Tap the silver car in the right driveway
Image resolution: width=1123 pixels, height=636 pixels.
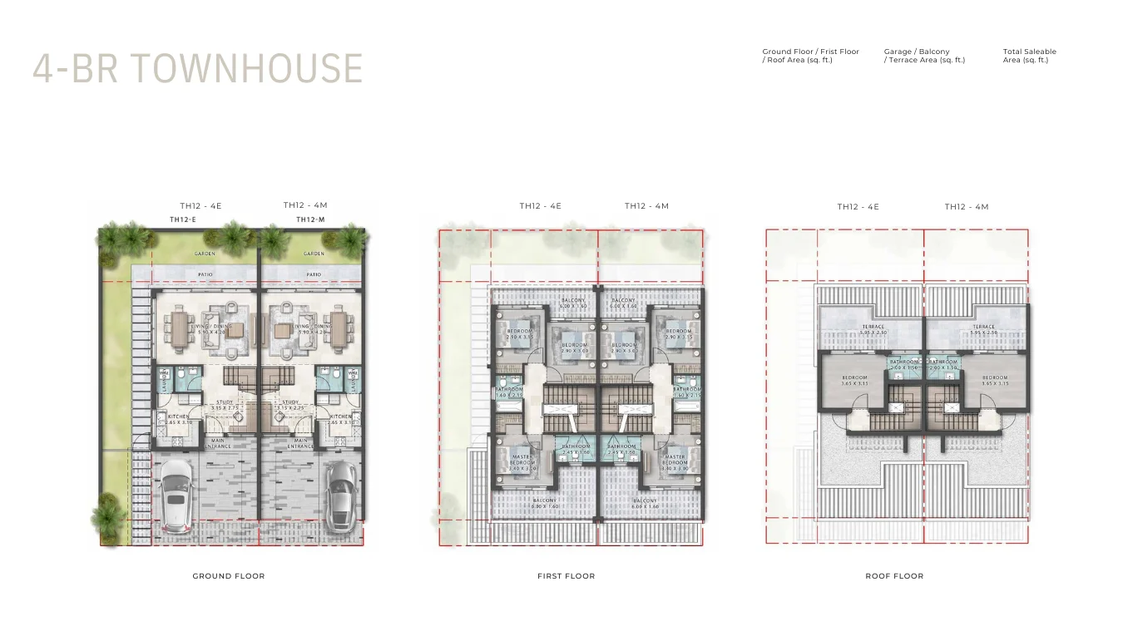341,496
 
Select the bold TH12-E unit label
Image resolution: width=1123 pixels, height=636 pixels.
182,219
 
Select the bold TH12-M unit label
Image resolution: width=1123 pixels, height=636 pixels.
309,219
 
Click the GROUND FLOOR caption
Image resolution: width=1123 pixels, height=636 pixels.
229,576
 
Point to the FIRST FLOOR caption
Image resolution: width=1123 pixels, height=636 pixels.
566,576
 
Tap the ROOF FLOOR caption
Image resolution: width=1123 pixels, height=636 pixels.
894,576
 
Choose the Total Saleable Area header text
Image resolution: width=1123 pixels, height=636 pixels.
1029,56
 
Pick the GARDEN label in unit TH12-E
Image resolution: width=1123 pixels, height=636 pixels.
205,254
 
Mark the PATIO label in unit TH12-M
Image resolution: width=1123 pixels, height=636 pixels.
314,274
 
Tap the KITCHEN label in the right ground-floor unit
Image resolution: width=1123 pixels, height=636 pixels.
341,417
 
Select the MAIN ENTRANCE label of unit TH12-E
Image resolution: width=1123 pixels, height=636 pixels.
218,443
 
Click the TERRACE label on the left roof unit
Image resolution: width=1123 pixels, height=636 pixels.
873,327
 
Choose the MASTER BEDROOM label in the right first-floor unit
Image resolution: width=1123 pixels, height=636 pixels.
675,459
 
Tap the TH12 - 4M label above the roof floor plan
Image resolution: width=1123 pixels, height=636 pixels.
966,207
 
